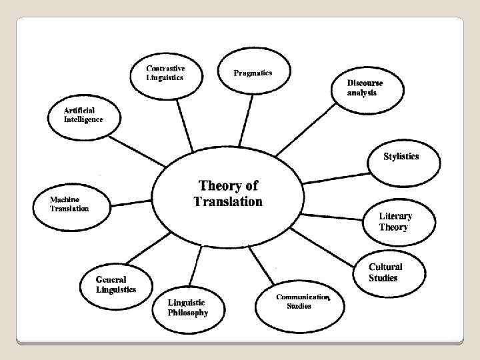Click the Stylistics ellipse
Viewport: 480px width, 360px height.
click(x=401, y=157)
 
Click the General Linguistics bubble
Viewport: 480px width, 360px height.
click(x=116, y=285)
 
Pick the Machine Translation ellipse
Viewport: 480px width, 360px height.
click(x=69, y=203)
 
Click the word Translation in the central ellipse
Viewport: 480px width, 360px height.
click(x=228, y=201)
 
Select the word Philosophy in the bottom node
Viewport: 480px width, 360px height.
click(x=189, y=312)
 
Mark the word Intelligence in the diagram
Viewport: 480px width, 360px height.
click(x=83, y=119)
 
